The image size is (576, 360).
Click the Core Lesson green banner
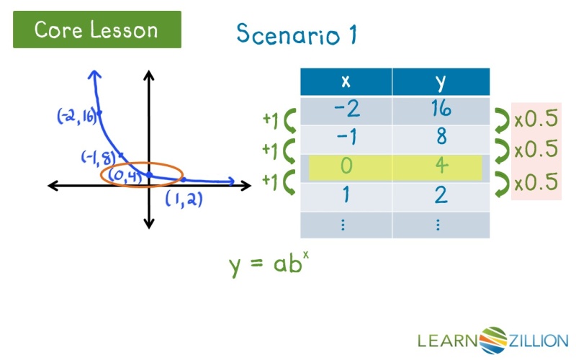pos(96,30)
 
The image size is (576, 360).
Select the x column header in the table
pos(346,82)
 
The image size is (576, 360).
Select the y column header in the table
pos(441,82)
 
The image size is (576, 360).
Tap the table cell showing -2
pos(346,109)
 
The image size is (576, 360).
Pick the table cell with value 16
pos(441,109)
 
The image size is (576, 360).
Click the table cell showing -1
pos(346,138)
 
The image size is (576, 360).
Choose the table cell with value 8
pos(441,138)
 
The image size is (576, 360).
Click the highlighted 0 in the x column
pos(346,167)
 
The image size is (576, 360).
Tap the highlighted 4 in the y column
pos(441,167)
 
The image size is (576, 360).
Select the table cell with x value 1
pos(346,196)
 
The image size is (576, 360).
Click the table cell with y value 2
pos(441,196)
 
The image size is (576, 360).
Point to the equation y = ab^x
pos(269,264)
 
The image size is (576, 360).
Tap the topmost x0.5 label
pos(536,119)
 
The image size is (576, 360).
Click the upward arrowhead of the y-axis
pos(149,74)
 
